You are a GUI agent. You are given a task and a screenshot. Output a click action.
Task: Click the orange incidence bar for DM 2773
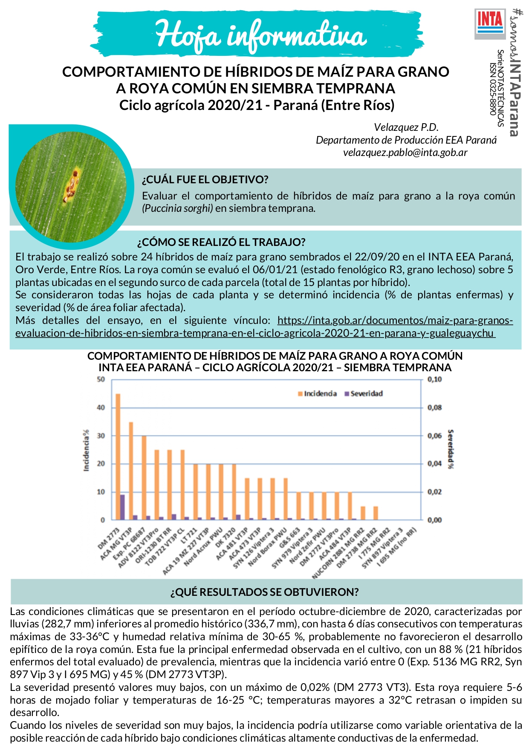pyautogui.click(x=118, y=456)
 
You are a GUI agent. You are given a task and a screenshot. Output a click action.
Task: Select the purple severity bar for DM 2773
pyautogui.click(x=122, y=507)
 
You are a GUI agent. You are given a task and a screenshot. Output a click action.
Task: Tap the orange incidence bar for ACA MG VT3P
pyautogui.click(x=131, y=471)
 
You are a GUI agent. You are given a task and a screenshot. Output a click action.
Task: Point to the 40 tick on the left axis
pyautogui.click(x=101, y=407)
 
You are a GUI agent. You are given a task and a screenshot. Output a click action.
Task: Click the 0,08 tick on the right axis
pyautogui.click(x=434, y=407)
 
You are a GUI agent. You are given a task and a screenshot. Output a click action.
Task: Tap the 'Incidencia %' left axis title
pyautogui.click(x=87, y=450)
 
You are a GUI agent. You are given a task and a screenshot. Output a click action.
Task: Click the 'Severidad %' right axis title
pyautogui.click(x=450, y=449)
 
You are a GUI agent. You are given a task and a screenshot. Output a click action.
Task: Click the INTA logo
pyautogui.click(x=490, y=24)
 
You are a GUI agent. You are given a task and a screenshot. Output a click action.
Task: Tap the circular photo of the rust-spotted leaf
pyautogui.click(x=71, y=187)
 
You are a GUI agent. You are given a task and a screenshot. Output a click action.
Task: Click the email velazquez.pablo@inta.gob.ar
pyautogui.click(x=405, y=153)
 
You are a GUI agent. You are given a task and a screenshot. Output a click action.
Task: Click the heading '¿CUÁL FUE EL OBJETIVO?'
pyautogui.click(x=205, y=179)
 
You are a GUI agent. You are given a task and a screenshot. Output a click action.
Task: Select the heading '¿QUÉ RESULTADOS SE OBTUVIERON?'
pyautogui.click(x=264, y=592)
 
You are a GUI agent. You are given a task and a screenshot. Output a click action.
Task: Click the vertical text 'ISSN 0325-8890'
pyautogui.click(x=492, y=89)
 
